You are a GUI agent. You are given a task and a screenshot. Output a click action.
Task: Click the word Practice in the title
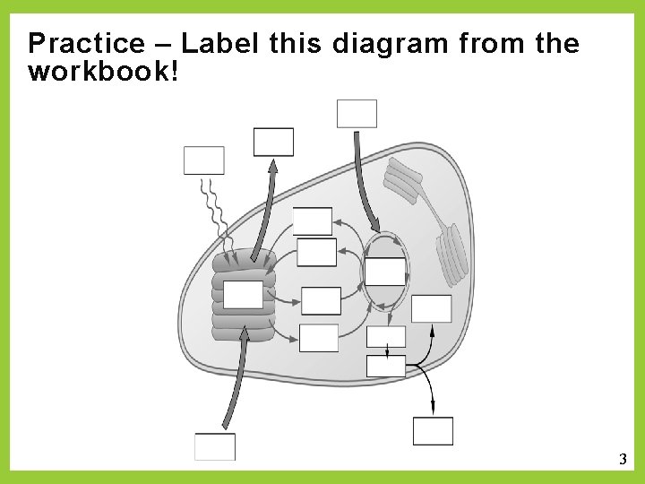pos(86,43)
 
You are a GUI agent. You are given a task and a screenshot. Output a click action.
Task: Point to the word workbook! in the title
pos(103,71)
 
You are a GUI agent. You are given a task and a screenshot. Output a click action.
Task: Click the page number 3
pos(623,460)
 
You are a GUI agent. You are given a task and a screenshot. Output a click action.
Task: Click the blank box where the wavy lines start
pos(203,160)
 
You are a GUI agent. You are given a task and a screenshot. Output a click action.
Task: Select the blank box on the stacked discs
pos(243,294)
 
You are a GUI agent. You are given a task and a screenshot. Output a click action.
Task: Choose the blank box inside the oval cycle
pos(385,271)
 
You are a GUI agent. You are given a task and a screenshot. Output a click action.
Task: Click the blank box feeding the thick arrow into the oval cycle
pos(357,114)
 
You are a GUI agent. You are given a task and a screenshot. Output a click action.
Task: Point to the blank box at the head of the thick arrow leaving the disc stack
pos(273,142)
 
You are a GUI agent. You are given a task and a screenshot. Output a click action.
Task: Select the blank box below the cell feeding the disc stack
pos(215,446)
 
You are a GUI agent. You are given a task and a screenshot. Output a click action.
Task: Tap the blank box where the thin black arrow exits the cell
pos(433,430)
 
